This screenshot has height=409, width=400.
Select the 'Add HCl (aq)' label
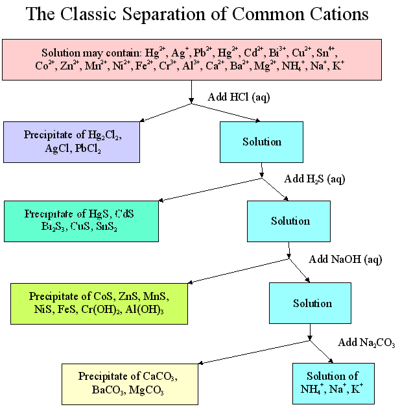pos(238,97)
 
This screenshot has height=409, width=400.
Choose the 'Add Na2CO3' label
pos(366,343)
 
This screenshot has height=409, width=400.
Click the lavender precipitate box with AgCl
pos(71,142)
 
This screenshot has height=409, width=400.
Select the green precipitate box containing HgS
pos(81,221)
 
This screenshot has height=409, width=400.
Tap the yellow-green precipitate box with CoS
pos(99,303)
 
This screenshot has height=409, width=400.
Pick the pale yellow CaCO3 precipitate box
pos(129,384)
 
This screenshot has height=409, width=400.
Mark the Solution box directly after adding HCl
pos(261,142)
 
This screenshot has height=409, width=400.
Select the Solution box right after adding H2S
pos(290,221)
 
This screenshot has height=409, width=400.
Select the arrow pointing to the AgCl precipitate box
pos(165,113)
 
